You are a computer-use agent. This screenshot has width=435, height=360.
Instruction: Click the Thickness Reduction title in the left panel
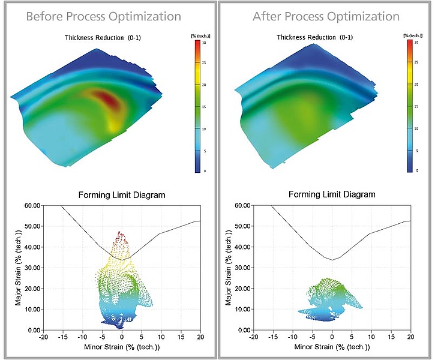tap(103, 38)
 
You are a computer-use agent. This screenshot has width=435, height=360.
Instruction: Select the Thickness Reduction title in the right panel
tap(314, 38)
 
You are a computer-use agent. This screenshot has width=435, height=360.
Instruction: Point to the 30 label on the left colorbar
tap(204, 43)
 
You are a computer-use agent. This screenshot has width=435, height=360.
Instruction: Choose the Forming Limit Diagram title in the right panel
tap(332, 194)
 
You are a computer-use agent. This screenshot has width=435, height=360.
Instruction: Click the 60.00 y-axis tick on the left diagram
tap(30, 206)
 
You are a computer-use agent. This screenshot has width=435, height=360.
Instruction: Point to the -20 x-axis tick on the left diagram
tap(43, 337)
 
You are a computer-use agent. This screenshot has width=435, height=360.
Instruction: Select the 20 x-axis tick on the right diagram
tap(411, 337)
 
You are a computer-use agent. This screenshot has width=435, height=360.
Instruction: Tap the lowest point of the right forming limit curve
tap(332, 260)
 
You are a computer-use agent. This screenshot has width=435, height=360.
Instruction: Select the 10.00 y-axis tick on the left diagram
tap(30, 310)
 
